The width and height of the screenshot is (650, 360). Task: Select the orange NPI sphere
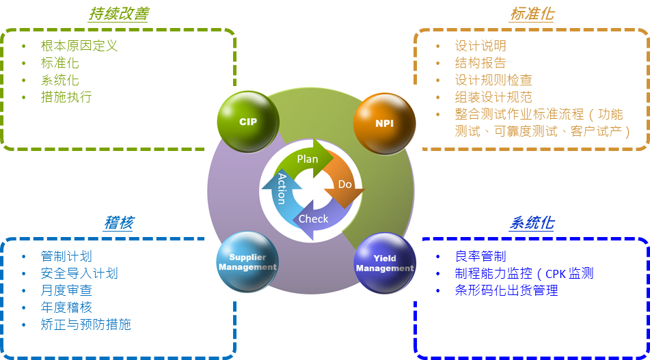click(384, 123)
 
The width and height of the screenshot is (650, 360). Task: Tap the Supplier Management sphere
click(247, 262)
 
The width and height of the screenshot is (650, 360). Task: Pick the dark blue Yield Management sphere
click(385, 264)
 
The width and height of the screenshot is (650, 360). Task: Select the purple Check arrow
click(315, 219)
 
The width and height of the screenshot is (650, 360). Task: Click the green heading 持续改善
click(119, 14)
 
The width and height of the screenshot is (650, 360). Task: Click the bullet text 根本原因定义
click(79, 46)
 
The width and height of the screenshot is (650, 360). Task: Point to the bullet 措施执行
click(66, 97)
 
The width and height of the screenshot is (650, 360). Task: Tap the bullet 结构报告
click(480, 63)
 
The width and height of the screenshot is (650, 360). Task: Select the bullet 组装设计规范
click(493, 97)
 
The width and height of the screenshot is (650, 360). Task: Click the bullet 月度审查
click(66, 290)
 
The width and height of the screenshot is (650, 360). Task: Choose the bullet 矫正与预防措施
click(86, 324)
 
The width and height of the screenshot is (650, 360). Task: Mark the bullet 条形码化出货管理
click(506, 290)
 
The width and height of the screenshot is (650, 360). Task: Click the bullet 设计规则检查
click(493, 80)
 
